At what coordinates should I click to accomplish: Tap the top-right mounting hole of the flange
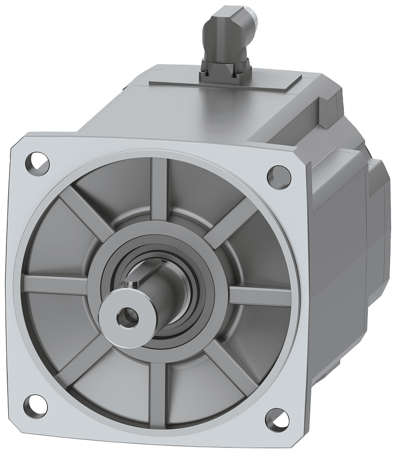point(276,174)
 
